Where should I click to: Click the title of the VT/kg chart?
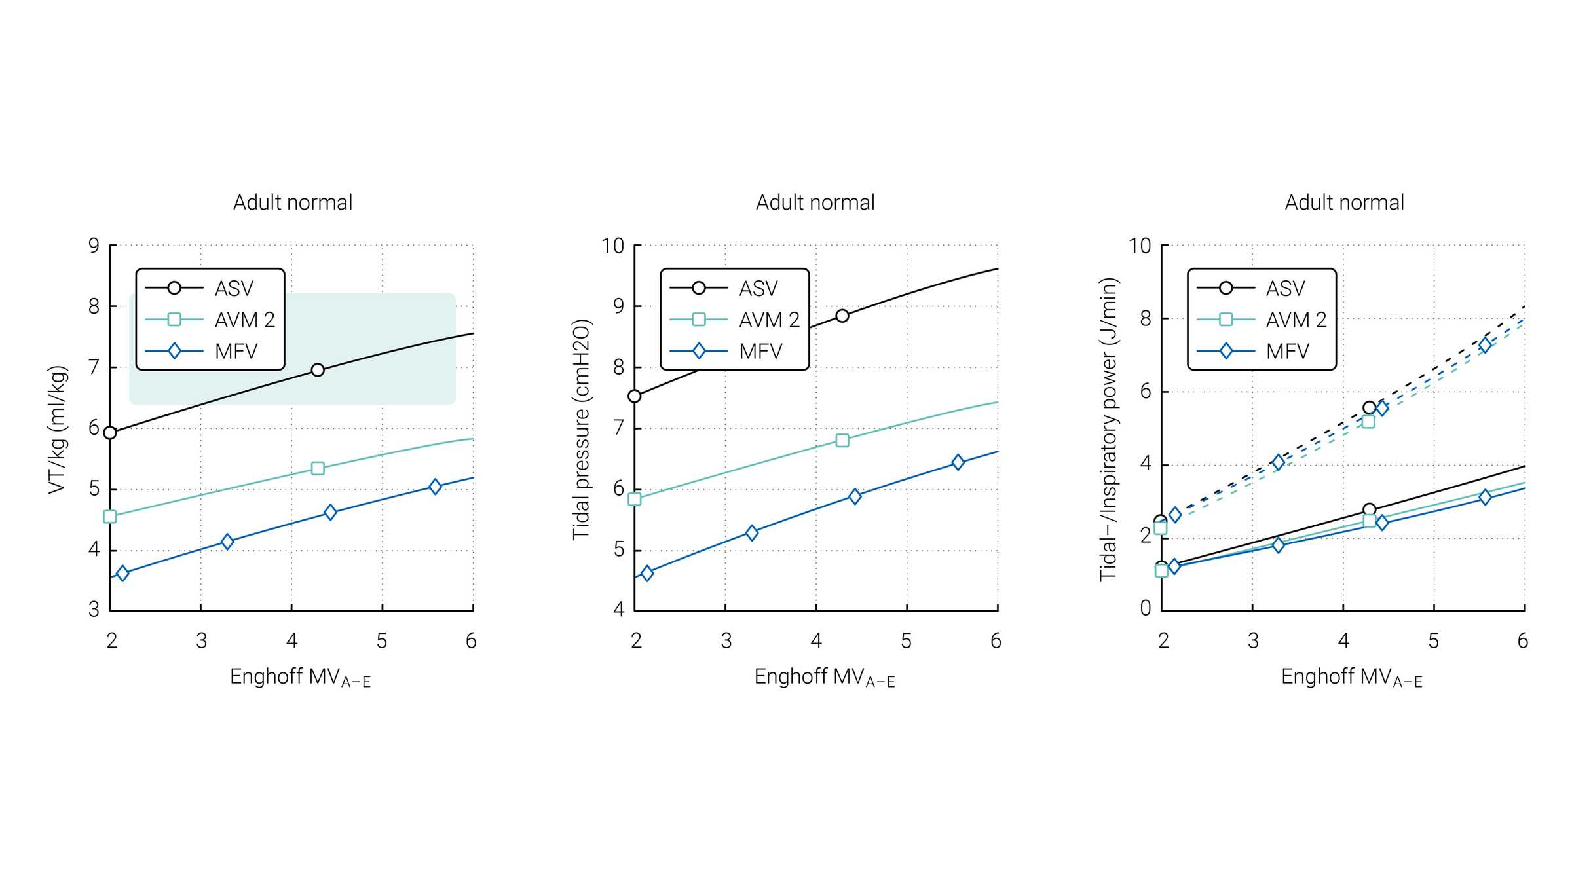pos(293,202)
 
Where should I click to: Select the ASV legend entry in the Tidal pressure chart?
pos(758,288)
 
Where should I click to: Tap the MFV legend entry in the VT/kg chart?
pos(236,352)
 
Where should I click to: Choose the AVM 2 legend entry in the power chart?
pos(1296,320)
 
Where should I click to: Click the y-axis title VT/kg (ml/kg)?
pos(58,430)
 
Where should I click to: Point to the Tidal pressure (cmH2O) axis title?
pos(582,430)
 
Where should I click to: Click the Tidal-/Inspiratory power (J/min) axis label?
pos(1108,430)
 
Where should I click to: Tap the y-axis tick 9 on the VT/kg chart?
pos(94,246)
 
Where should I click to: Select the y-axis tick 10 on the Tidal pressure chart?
pos(613,246)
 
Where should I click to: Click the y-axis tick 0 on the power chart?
pos(1145,608)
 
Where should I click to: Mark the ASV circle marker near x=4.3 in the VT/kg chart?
pos(318,370)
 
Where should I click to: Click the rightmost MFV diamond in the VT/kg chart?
pos(435,487)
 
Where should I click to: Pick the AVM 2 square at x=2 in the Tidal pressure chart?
pos(634,499)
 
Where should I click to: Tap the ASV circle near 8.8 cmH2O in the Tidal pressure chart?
pos(842,316)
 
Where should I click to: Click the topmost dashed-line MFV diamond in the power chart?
pos(1486,345)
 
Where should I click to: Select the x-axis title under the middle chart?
pos(824,677)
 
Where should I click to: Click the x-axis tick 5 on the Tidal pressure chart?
pos(906,641)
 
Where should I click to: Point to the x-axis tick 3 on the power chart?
pos(1253,641)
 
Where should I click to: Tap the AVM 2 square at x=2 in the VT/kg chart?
pos(110,517)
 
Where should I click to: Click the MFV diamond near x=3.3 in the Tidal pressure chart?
pos(752,532)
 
